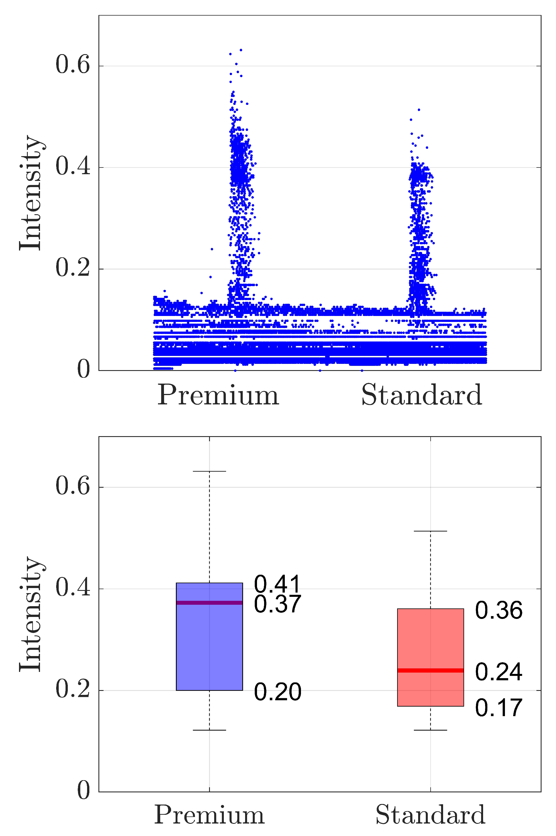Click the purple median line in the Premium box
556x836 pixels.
tap(209, 602)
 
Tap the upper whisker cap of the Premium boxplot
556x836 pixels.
tap(209, 471)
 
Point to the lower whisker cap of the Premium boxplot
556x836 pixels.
tap(209, 730)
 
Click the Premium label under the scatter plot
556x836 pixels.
tap(218, 395)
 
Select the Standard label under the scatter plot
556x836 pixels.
tap(421, 395)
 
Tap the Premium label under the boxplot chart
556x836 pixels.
tap(209, 815)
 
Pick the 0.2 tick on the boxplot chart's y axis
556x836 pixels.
tap(73, 690)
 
